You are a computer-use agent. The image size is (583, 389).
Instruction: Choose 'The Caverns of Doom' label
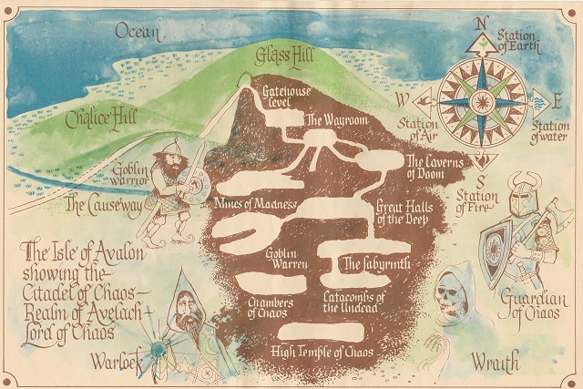pyautogui.click(x=424, y=167)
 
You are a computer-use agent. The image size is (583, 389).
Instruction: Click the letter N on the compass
pyautogui.click(x=485, y=24)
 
